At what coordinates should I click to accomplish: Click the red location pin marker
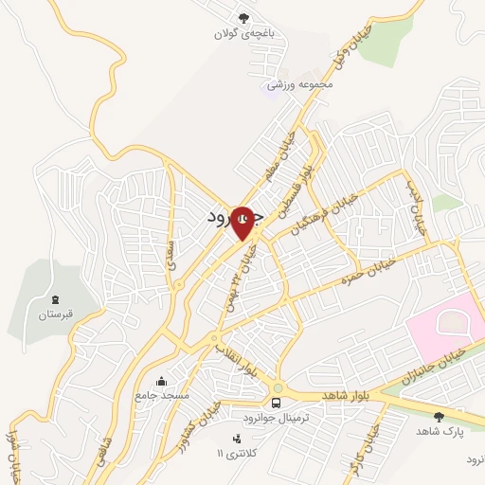(x=243, y=224)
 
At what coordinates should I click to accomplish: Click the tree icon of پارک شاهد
(x=438, y=416)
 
